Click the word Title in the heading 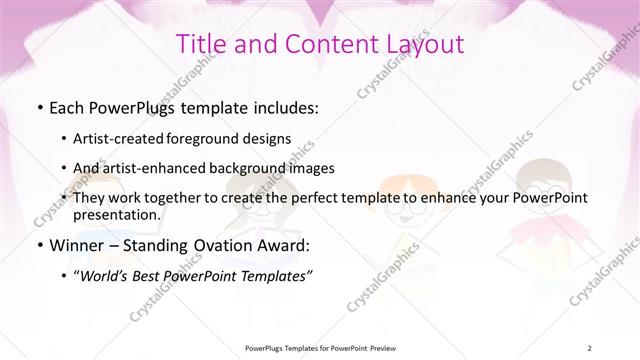click(x=199, y=44)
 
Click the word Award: click(x=284, y=245)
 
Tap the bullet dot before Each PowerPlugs click(x=39, y=107)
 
